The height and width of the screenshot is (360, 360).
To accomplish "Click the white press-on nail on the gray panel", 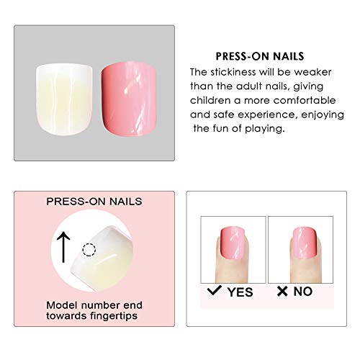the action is [x=64, y=99].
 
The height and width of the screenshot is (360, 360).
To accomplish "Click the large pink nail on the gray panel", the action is [x=129, y=100].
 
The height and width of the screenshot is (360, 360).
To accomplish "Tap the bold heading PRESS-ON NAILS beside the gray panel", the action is [x=260, y=56].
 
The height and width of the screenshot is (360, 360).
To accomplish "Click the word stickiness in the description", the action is [x=233, y=72].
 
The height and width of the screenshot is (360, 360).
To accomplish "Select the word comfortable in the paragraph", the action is [x=305, y=100].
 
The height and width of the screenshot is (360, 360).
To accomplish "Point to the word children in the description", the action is [x=210, y=100].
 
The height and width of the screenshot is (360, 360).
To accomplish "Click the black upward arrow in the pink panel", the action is [x=63, y=247].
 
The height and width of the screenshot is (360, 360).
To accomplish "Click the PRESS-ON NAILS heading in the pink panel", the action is [x=94, y=202].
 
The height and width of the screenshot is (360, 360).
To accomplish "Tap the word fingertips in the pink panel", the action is [x=114, y=316].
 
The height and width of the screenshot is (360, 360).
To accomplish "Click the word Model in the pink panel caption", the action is [x=63, y=305].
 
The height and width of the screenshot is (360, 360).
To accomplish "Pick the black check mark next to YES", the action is [x=215, y=290].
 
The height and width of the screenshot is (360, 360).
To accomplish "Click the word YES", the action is [x=240, y=292].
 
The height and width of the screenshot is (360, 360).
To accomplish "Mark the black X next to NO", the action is [x=282, y=291].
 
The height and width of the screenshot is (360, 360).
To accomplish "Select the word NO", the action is [x=303, y=292].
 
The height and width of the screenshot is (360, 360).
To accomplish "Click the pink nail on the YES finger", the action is [x=233, y=243].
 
